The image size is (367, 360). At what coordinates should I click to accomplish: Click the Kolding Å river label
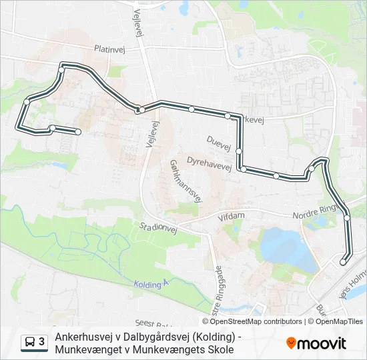148,285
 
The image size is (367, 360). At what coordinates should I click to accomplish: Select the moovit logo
316,343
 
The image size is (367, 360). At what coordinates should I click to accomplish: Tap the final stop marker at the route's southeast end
344,262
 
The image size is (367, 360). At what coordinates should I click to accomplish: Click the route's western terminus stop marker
78,132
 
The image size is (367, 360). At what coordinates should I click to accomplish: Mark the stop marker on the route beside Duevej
238,151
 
